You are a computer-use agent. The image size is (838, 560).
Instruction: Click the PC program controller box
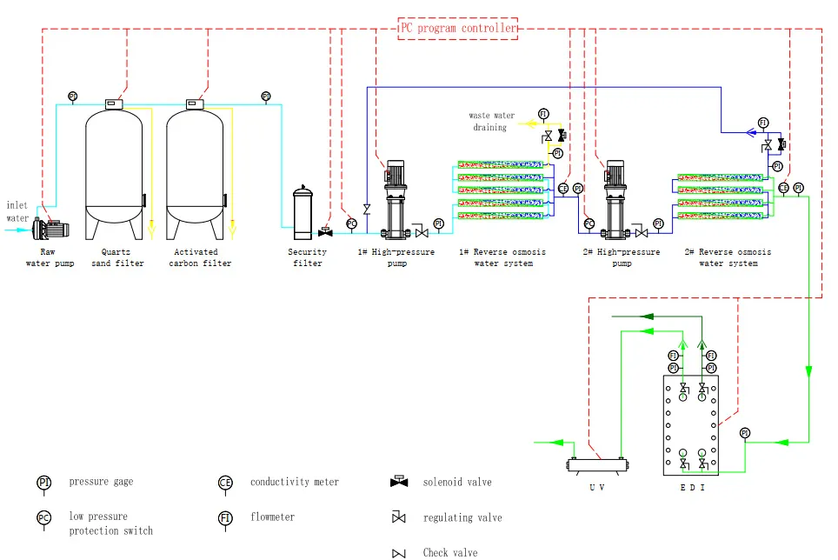(457, 28)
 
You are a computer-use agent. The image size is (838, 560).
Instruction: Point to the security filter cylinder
(303, 214)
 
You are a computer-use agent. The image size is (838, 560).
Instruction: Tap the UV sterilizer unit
(597, 465)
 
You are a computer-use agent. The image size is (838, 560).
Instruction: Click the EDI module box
(691, 425)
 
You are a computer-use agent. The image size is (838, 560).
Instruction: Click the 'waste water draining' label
(492, 121)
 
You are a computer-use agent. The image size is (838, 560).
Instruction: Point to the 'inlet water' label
(18, 211)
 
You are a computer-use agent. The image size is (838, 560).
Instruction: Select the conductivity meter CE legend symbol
(225, 483)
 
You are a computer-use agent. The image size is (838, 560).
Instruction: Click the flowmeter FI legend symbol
(225, 518)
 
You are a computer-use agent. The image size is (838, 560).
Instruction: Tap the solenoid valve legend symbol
(399, 482)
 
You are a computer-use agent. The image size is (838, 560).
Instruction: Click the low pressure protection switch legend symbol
(44, 518)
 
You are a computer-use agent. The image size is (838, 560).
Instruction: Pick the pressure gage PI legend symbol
(44, 483)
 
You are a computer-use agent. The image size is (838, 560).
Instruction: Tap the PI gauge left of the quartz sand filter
(72, 97)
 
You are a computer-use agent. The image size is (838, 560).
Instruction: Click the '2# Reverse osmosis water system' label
(728, 257)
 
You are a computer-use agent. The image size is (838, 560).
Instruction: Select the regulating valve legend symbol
(399, 517)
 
